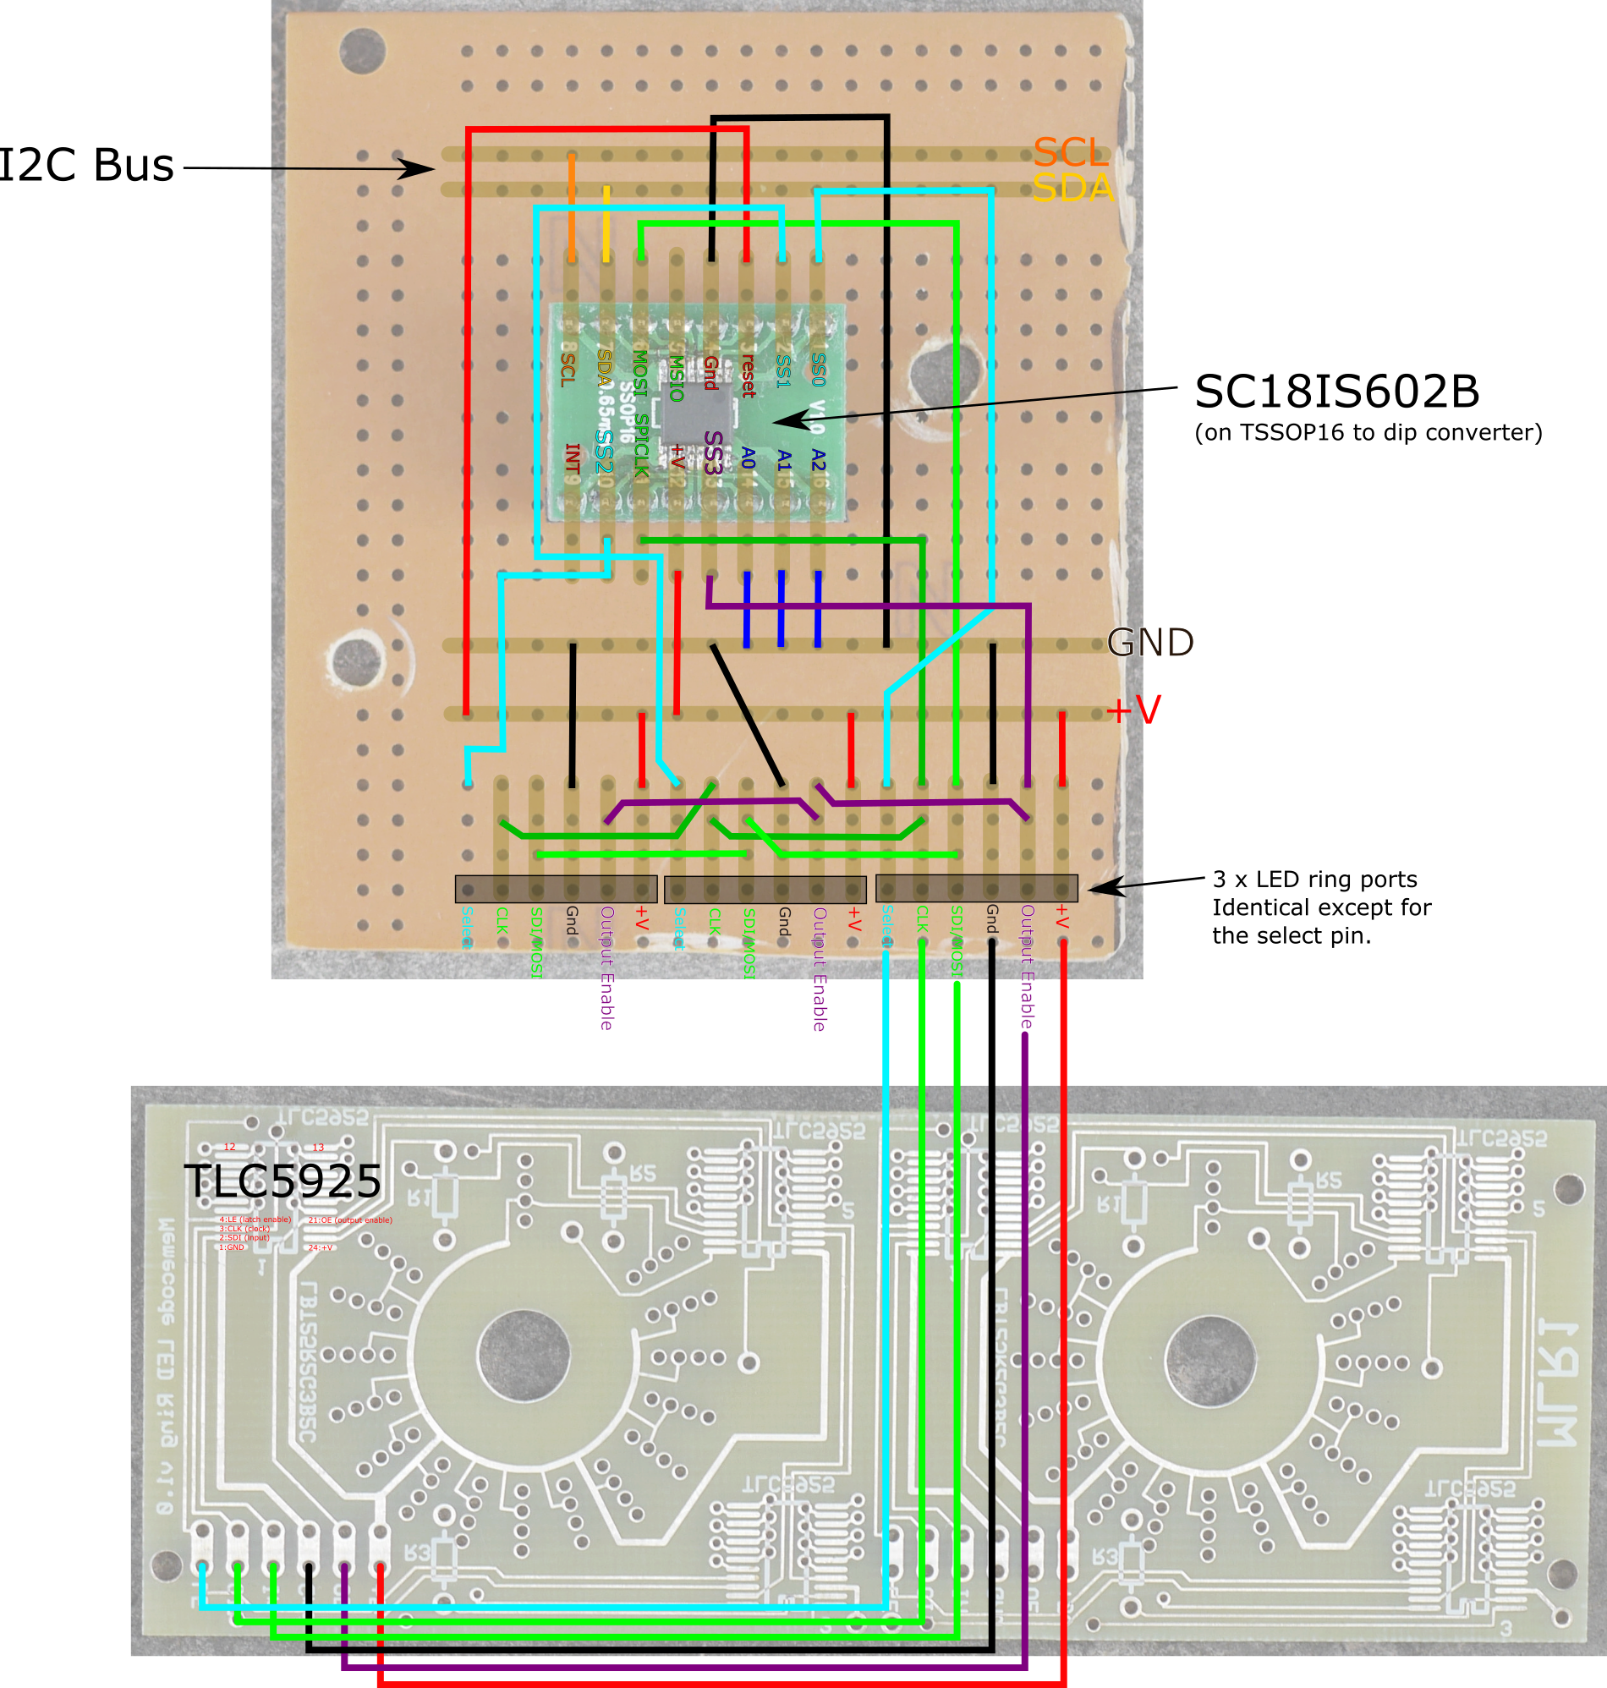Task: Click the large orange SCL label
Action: [x=1070, y=153]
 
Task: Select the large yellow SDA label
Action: [x=1072, y=189]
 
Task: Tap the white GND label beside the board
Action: [x=1149, y=643]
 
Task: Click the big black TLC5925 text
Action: [x=282, y=1182]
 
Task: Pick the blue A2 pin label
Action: [x=818, y=461]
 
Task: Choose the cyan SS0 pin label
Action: [x=818, y=370]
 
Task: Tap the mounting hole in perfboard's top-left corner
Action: [x=362, y=52]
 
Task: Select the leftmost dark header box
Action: [x=556, y=889]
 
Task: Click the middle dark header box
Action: [x=765, y=889]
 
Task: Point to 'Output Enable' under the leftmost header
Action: [x=606, y=967]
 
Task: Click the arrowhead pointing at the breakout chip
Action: [x=783, y=420]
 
